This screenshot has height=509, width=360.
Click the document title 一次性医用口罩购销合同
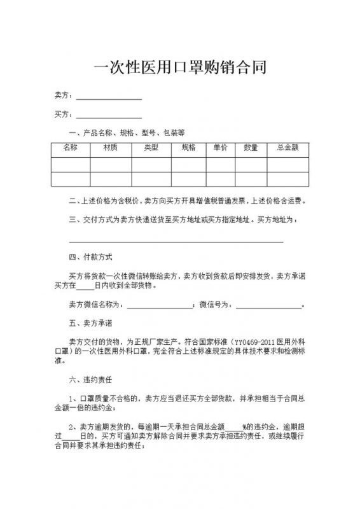coord(179,66)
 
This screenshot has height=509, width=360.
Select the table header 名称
coord(71,148)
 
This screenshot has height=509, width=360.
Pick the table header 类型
coord(151,148)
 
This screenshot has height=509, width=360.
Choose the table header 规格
coord(189,148)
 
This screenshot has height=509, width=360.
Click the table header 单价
coord(221,148)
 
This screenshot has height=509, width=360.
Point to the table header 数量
coord(251,148)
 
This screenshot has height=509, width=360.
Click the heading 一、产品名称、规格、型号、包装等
coord(127,133)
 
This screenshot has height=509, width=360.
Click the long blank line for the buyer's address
coord(176,241)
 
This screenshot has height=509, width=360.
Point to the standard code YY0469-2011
coord(254,340)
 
